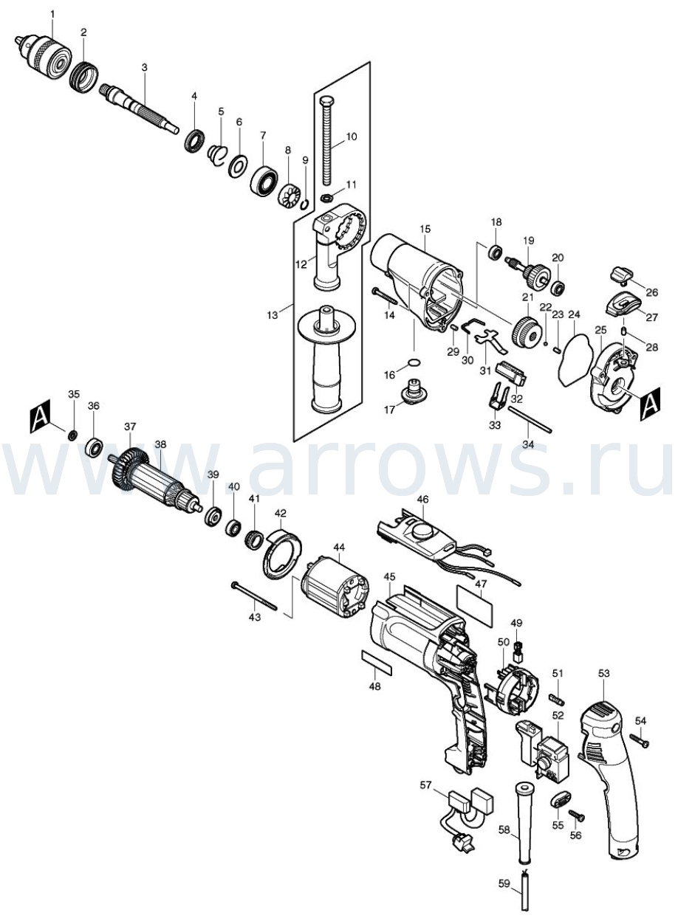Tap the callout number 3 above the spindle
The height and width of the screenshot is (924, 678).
(144, 68)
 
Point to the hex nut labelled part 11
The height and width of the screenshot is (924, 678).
(326, 197)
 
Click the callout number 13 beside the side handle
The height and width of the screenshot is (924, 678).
(273, 315)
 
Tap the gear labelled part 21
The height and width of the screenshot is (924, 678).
(527, 330)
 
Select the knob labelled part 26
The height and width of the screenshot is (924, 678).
(621, 275)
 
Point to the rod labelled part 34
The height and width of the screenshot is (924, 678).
(530, 419)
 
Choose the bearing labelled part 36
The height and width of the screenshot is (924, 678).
(95, 447)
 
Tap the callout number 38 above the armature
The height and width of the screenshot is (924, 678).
(160, 444)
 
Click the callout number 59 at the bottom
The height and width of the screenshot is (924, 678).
(504, 893)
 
